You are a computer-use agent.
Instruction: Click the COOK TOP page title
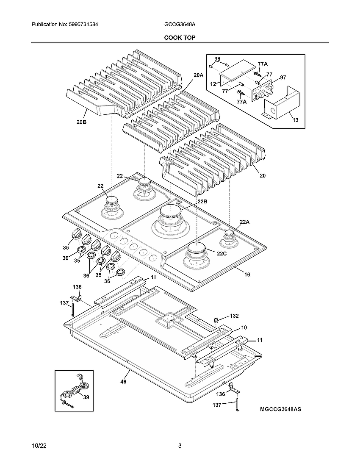(180, 38)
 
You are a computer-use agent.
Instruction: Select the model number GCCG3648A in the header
(180, 25)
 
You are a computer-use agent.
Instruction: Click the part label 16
(247, 275)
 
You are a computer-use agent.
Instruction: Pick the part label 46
(123, 382)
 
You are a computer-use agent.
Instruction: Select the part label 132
(235, 316)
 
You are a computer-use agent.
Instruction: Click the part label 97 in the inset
(271, 78)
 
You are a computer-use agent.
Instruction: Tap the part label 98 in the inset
(217, 58)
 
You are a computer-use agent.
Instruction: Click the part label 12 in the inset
(213, 83)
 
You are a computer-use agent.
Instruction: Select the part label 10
(244, 327)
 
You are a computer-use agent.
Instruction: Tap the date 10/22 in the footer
(39, 446)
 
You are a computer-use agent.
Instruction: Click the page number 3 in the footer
(180, 446)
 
